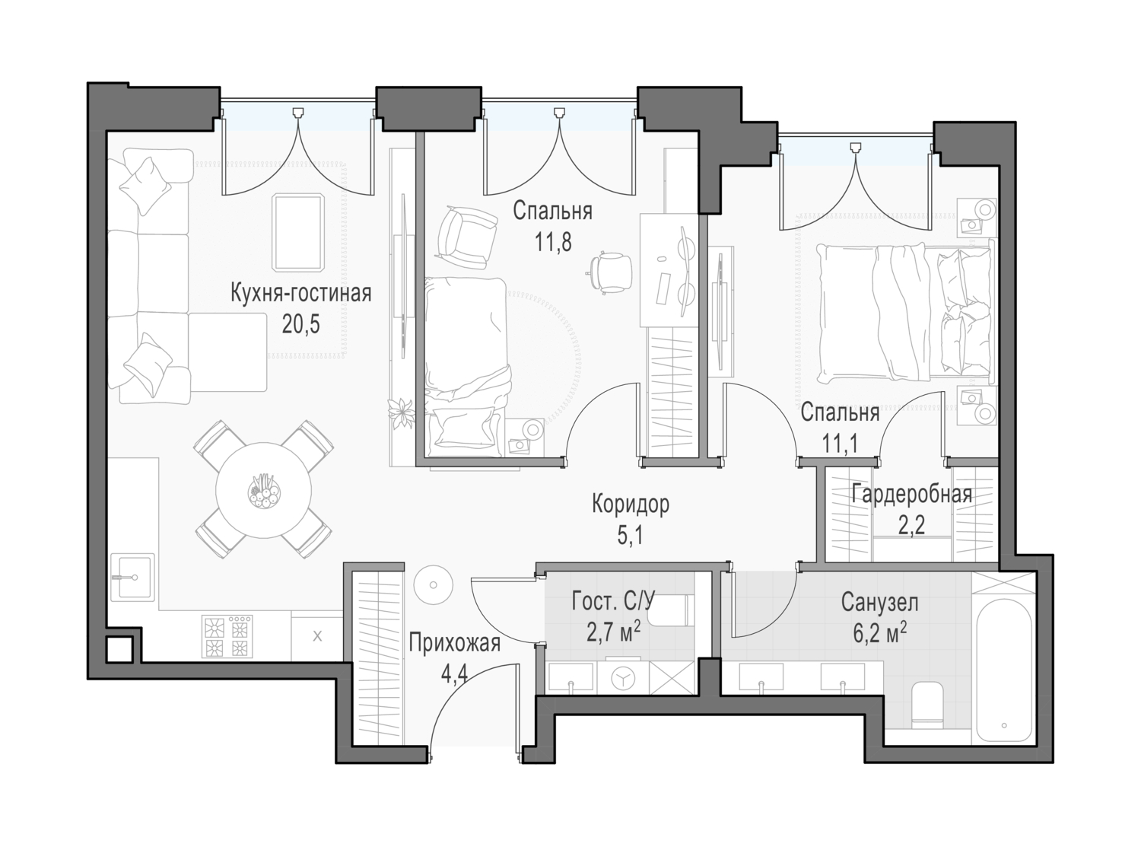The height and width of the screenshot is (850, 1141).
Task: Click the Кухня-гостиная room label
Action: [301, 294]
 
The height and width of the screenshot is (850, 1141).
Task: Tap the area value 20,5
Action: [301, 324]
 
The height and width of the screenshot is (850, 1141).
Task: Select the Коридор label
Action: [630, 504]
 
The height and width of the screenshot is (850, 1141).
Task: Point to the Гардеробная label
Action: [911, 494]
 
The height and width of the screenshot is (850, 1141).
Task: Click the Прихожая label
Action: [455, 644]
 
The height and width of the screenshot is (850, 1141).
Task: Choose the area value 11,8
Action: [553, 242]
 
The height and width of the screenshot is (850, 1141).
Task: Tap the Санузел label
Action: [879, 603]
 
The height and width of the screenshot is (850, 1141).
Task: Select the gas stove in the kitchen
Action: [227, 636]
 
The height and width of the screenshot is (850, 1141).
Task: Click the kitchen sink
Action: [132, 577]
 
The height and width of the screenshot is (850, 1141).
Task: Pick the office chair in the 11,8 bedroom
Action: [612, 272]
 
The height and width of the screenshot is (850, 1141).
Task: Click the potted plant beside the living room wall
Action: [402, 413]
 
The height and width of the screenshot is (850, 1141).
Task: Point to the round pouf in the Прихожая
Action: [434, 585]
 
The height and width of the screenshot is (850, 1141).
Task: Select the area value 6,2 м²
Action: [879, 633]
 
